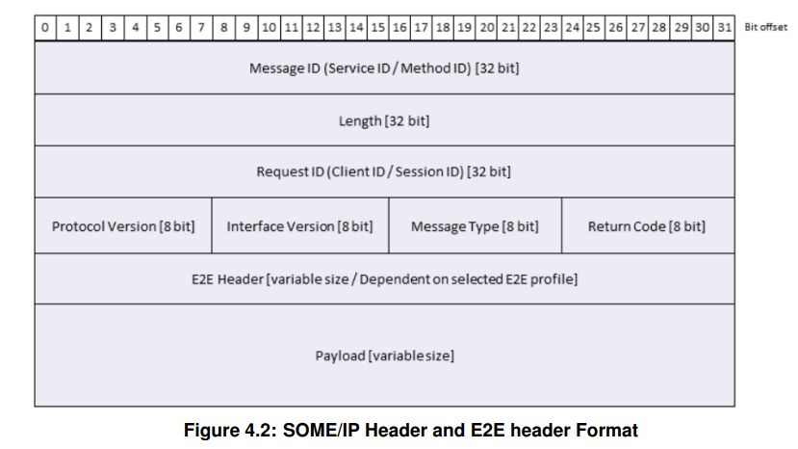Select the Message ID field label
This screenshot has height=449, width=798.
384,69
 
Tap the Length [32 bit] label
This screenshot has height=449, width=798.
384,121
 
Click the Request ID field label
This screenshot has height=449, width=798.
384,172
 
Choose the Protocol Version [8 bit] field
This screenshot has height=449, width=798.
123,226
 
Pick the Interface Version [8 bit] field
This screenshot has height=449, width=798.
299,226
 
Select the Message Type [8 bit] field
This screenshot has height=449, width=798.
475,226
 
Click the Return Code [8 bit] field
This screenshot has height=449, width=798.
646,226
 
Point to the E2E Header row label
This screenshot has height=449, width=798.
384,279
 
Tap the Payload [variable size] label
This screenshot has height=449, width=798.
384,356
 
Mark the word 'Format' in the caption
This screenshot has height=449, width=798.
608,430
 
